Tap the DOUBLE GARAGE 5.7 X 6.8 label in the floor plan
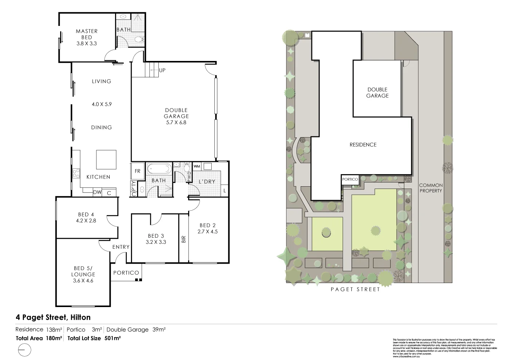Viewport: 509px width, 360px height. point(176,116)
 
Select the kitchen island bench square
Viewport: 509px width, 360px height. point(106,160)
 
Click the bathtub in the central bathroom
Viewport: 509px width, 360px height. point(160,169)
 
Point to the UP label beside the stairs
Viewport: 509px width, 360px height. point(162,70)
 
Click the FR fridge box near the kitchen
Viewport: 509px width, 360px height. point(137,171)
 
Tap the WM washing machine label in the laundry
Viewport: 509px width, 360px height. point(197,166)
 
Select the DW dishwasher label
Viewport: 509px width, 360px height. point(97,193)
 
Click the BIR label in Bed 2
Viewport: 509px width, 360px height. point(184,239)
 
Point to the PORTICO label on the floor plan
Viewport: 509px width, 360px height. point(126,273)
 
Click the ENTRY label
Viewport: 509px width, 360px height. point(121,247)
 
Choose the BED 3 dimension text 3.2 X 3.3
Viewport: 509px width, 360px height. point(156,242)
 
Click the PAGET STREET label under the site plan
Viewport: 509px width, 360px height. point(355,290)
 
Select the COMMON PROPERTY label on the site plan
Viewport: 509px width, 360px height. point(431,188)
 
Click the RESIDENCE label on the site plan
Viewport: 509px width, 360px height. point(363,145)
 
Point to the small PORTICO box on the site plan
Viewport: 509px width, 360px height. point(350,179)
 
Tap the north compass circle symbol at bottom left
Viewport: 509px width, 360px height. point(25,350)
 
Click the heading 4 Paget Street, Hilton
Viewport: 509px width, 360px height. point(53,317)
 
